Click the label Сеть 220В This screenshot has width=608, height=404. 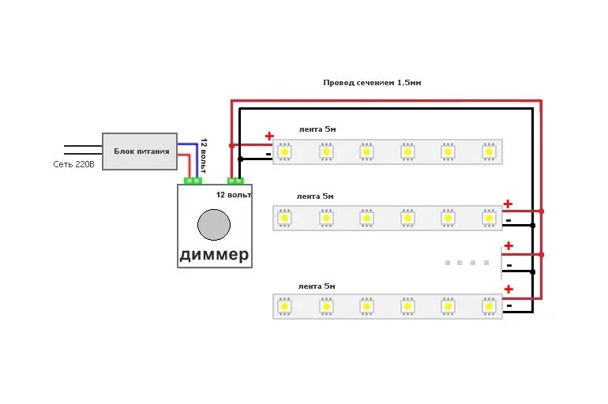[x=73, y=164]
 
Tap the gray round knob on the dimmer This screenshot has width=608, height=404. [x=213, y=224]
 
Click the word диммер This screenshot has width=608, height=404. [x=214, y=254]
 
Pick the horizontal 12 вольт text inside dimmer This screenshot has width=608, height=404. [x=233, y=194]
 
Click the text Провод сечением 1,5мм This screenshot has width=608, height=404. [x=371, y=82]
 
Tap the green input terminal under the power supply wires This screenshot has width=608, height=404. [x=191, y=181]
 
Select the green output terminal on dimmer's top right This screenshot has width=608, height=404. [x=236, y=181]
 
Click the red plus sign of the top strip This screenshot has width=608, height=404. [x=268, y=136]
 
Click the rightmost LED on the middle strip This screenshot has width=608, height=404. [x=489, y=217]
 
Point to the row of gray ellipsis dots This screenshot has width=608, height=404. [x=466, y=262]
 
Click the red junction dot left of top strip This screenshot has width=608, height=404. [x=231, y=146]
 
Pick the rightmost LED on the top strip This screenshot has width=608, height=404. [x=489, y=151]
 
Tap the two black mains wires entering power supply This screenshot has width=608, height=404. [x=83, y=148]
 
